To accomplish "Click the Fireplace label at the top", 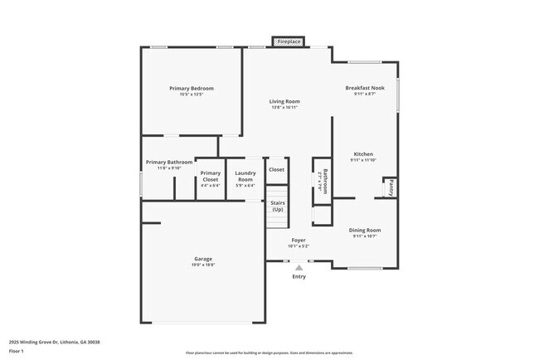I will tap(289, 41).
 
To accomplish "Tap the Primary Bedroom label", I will tap(192, 89).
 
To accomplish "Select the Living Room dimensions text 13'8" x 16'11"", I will tap(284, 108).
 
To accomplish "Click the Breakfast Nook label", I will tap(365, 88).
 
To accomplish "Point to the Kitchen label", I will tap(364, 154).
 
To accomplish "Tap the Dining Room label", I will tap(365, 230).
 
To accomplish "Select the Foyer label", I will tap(298, 241).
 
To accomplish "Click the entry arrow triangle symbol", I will tap(299, 267).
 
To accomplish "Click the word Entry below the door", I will tap(299, 276).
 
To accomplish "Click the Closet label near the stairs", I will tap(276, 169).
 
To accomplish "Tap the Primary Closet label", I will tap(211, 177).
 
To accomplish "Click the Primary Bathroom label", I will tap(169, 162).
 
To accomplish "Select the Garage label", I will tap(203, 259).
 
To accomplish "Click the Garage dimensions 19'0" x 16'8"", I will tap(203, 265).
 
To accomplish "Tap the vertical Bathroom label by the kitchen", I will tap(325, 180).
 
